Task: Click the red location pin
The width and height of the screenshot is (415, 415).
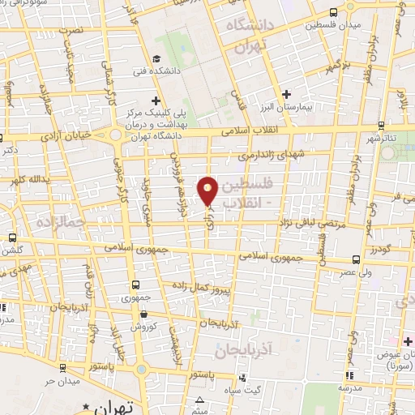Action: tap(208, 190)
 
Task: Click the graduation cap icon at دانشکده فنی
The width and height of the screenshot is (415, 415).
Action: tap(156, 58)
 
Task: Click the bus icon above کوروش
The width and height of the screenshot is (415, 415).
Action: tap(137, 313)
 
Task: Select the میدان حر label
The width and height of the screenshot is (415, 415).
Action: tap(60, 380)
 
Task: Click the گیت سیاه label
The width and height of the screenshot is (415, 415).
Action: tap(266, 391)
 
